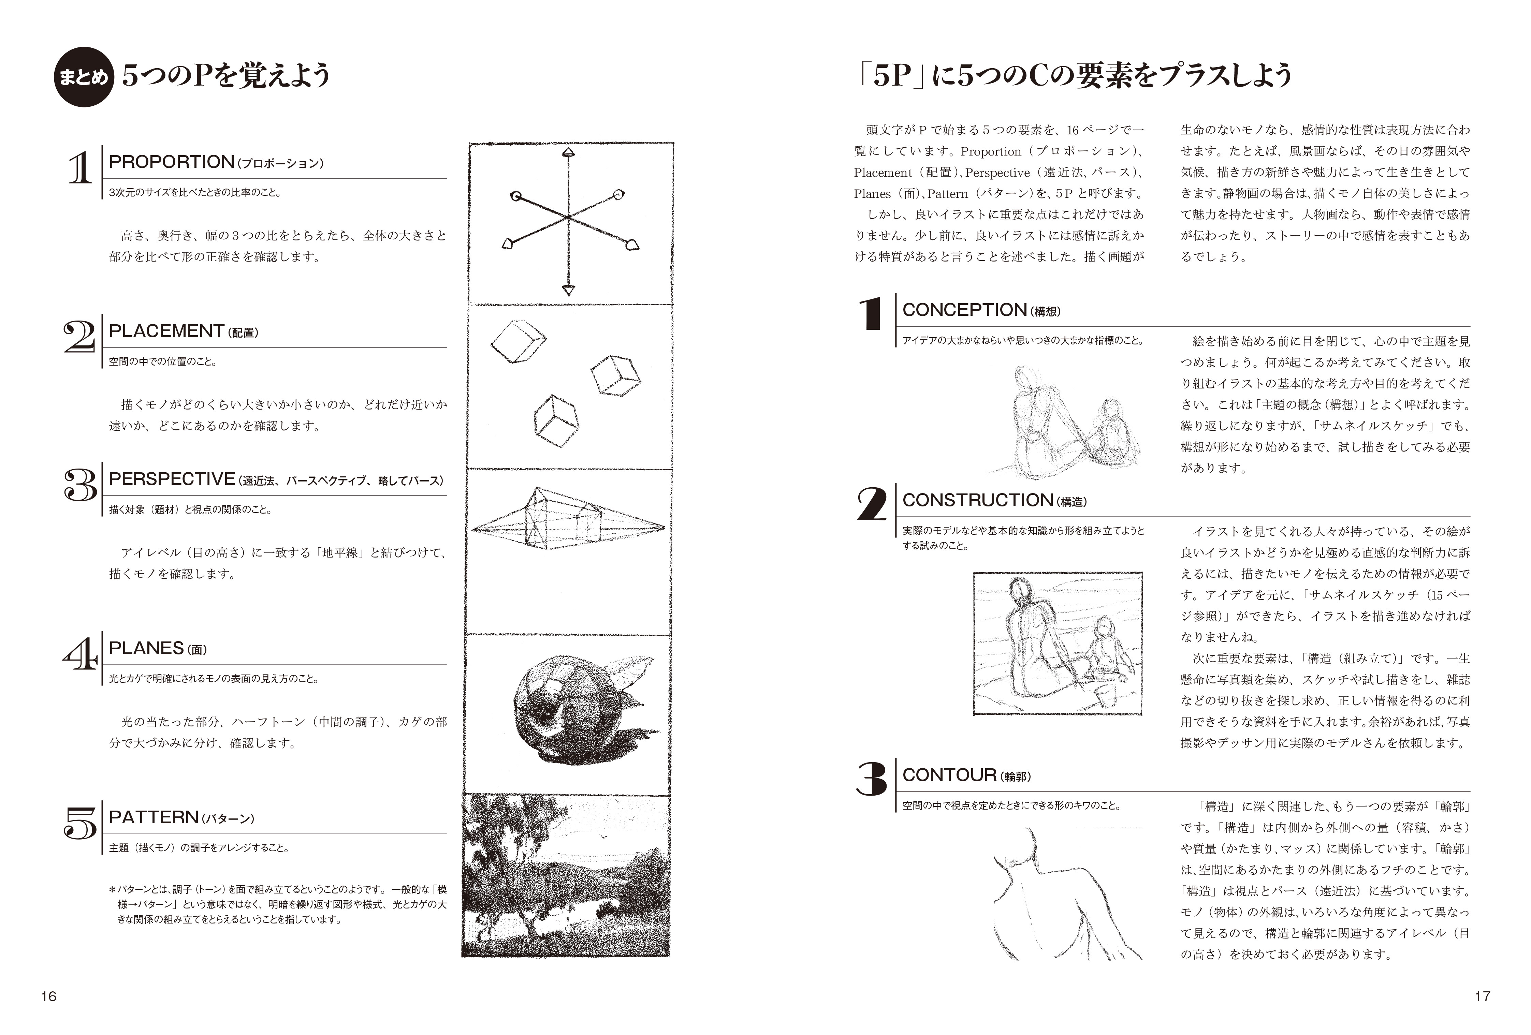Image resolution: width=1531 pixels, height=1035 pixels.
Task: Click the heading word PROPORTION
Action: pyautogui.click(x=171, y=162)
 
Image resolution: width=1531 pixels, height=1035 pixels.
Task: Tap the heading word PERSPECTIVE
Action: pyautogui.click(x=171, y=479)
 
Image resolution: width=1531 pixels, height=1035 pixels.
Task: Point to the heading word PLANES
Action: pyautogui.click(x=146, y=649)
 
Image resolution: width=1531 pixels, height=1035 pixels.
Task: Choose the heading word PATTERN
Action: pyautogui.click(x=154, y=818)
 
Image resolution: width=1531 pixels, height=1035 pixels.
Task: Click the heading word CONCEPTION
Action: pyautogui.click(x=964, y=310)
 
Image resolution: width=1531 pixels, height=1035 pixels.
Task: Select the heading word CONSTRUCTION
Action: pyautogui.click(x=978, y=500)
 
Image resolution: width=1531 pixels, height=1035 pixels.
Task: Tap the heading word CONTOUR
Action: pyautogui.click(x=949, y=775)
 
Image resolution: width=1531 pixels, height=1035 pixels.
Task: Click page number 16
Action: pyautogui.click(x=49, y=996)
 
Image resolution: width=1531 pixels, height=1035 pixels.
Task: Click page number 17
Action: pyautogui.click(x=1482, y=996)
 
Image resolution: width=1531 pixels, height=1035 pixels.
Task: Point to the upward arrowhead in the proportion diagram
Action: pyautogui.click(x=568, y=153)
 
